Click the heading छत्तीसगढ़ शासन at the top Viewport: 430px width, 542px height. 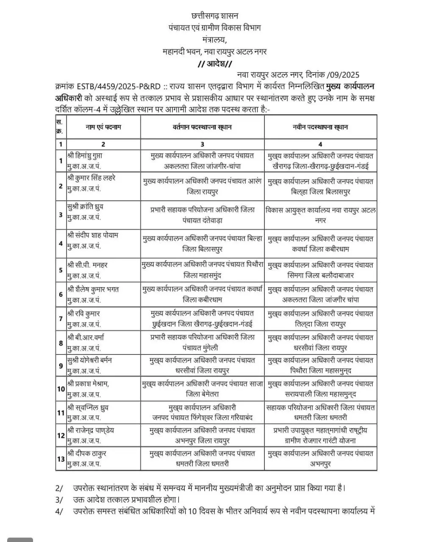click(x=215, y=16)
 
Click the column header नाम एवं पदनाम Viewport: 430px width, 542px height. click(x=103, y=127)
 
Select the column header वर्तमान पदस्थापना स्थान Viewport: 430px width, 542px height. click(x=202, y=127)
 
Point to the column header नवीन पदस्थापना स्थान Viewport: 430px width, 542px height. click(x=320, y=127)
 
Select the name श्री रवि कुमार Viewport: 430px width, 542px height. click(x=83, y=314)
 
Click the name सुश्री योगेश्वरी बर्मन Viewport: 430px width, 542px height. click(x=89, y=360)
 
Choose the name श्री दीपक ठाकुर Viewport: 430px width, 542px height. click(x=86, y=453)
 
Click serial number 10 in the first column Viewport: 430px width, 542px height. click(x=61, y=389)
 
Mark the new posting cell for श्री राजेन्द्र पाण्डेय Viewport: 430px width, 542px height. click(x=320, y=435)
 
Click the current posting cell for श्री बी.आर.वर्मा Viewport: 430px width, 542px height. click(x=202, y=343)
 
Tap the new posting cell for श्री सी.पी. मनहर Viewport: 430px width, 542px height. click(x=320, y=270)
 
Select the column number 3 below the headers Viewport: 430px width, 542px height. click(x=202, y=144)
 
